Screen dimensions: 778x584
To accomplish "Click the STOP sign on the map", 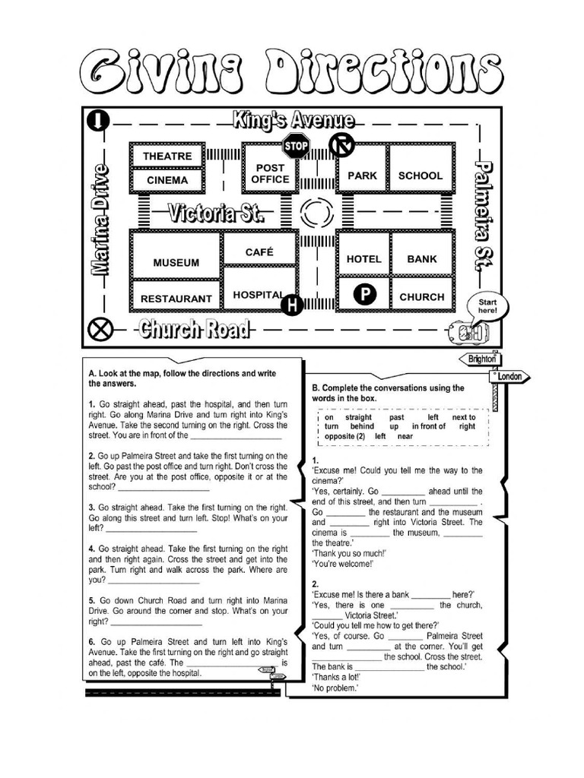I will [x=296, y=144].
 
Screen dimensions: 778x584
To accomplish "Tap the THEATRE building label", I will [x=167, y=156].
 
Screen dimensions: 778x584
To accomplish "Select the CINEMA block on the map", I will [x=167, y=180].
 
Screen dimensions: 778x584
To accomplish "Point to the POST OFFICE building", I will [x=271, y=173].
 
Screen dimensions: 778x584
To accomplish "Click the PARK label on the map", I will [x=362, y=176].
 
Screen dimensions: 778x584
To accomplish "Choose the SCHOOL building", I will [x=421, y=176].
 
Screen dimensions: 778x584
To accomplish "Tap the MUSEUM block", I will [x=176, y=263].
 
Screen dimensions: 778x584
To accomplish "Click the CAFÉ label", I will [x=259, y=251].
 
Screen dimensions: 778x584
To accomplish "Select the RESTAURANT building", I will [x=176, y=299].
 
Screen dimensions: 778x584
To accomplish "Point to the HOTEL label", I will [x=363, y=259].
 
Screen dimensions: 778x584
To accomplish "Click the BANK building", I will [x=422, y=259].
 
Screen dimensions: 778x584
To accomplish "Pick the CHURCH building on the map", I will [x=422, y=297].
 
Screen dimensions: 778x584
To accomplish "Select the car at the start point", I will [x=465, y=333].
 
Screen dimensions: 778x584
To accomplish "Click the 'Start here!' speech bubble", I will [x=487, y=307].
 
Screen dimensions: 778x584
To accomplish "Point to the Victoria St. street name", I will [x=217, y=213].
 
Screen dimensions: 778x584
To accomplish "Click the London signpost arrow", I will [x=510, y=376].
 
